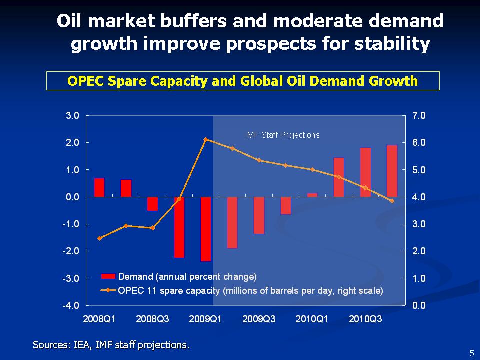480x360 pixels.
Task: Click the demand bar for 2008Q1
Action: pos(99,187)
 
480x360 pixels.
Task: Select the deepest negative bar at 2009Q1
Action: pos(206,229)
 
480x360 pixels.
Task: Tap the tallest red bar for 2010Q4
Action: pos(392,171)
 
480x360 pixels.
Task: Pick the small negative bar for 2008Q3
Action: pos(152,204)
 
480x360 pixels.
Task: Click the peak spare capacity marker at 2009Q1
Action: pos(206,139)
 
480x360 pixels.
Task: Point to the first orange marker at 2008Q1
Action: pos(99,238)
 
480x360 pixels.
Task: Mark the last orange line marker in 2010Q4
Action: pos(392,201)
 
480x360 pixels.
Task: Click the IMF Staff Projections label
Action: pos(282,135)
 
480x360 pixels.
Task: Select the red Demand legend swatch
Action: pos(108,276)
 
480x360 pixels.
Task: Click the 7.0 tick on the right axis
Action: pos(419,115)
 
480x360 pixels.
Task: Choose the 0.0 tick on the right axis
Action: pos(419,305)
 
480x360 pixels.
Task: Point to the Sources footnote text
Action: pos(111,344)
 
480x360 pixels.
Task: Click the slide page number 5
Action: pos(471,353)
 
